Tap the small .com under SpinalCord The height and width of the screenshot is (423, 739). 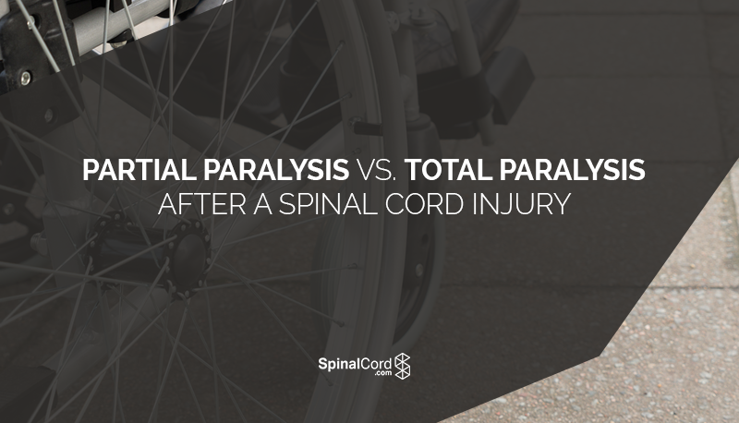[379, 375]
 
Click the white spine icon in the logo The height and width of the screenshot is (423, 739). [403, 367]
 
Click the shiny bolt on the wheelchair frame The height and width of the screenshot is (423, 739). [24, 77]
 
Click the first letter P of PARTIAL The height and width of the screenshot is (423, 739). [90, 171]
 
